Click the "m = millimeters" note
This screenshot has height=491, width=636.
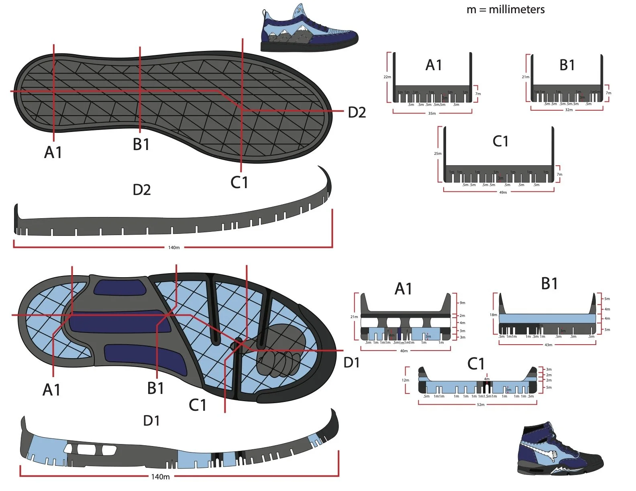[506, 10]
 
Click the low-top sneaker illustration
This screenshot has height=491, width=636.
[308, 29]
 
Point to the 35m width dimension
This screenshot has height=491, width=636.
[432, 114]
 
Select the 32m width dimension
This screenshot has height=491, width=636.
[569, 110]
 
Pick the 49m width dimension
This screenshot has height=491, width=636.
[503, 193]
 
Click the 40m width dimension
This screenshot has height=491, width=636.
[404, 351]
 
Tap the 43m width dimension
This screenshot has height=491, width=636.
[548, 345]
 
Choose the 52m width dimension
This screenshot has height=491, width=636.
[481, 405]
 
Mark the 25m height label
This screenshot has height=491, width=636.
[437, 154]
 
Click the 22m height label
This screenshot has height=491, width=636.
[387, 77]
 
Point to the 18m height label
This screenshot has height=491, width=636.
[493, 315]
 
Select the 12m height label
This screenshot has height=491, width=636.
[406, 380]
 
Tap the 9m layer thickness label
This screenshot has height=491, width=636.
[463, 303]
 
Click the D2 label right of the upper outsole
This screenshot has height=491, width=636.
[357, 113]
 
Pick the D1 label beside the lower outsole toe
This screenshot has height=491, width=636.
[351, 363]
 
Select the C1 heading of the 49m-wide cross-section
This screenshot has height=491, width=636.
[500, 141]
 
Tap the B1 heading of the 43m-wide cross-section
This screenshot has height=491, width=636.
[549, 284]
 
